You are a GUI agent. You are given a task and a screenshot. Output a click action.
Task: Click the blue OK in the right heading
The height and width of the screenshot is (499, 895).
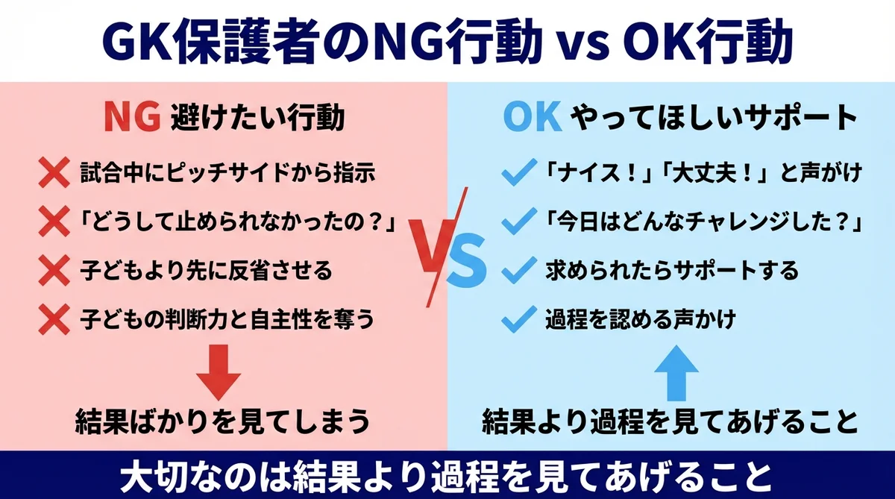point(531,118)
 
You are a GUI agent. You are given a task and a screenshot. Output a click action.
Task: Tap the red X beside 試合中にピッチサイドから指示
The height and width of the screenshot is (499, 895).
point(54,175)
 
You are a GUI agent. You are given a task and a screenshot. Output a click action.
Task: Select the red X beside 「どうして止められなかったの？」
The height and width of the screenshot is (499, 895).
point(54,223)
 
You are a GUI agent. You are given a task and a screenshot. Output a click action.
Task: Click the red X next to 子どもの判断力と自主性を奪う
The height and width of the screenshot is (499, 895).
point(54,320)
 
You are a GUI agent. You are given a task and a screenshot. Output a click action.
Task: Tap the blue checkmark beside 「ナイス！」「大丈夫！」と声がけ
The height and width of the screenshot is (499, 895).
point(516,176)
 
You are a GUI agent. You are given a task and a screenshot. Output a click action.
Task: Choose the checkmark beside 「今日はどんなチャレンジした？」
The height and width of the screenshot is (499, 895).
point(516,222)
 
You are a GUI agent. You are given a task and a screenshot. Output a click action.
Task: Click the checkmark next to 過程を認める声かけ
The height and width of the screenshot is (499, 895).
point(516,320)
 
